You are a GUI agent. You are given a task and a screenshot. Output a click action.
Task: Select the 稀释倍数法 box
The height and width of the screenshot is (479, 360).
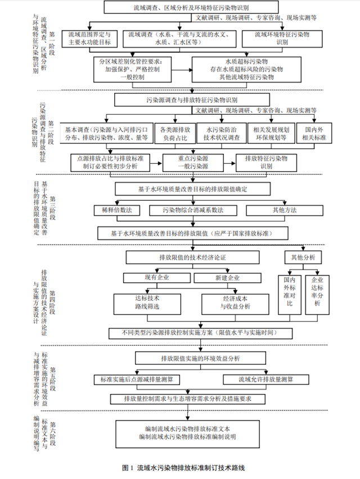coord(116,210)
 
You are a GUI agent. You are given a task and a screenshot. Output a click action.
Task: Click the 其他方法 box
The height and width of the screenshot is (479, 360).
coord(282,210)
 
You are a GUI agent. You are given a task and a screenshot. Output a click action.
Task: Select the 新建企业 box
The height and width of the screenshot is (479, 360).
coord(227,278)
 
